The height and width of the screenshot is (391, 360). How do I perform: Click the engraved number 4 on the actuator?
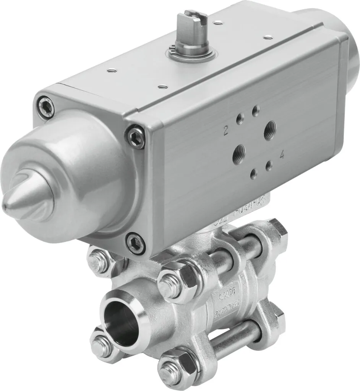tap(282, 155)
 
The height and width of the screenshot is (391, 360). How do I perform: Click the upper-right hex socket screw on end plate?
tap(136, 136)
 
